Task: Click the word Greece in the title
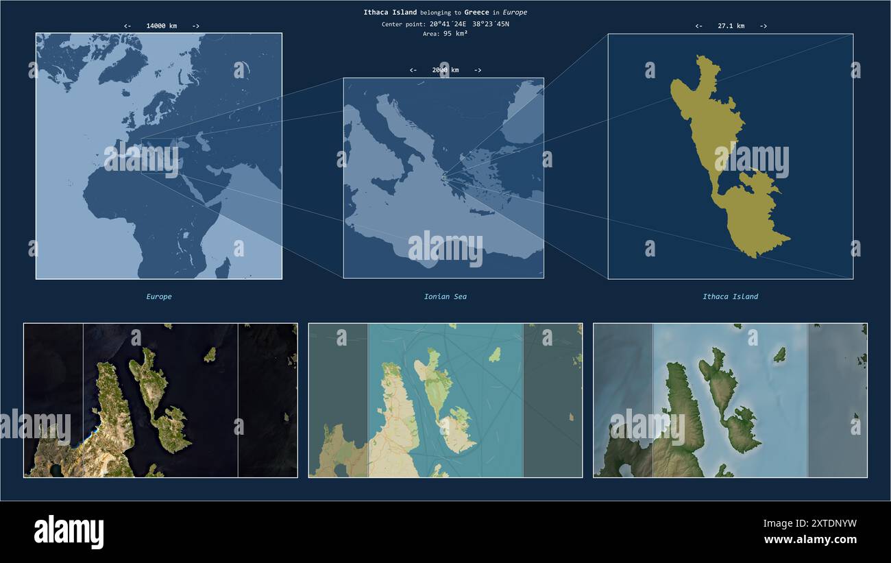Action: pos(476,12)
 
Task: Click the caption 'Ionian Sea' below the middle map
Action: pos(445,297)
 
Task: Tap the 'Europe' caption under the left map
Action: pos(159,297)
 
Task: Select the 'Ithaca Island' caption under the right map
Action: pos(730,297)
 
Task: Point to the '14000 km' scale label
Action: pos(161,26)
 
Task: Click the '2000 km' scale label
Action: pos(445,70)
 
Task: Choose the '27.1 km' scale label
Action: pos(731,26)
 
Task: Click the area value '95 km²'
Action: pos(455,34)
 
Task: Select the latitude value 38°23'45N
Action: pos(491,24)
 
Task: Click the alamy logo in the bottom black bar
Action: pos(69,532)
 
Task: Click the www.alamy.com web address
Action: pos(810,540)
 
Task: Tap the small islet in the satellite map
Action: pos(210,355)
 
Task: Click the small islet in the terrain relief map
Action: pos(779,355)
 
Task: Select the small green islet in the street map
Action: pos(494,355)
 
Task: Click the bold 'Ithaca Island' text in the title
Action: pos(390,12)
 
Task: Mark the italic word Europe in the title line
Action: pos(515,12)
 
